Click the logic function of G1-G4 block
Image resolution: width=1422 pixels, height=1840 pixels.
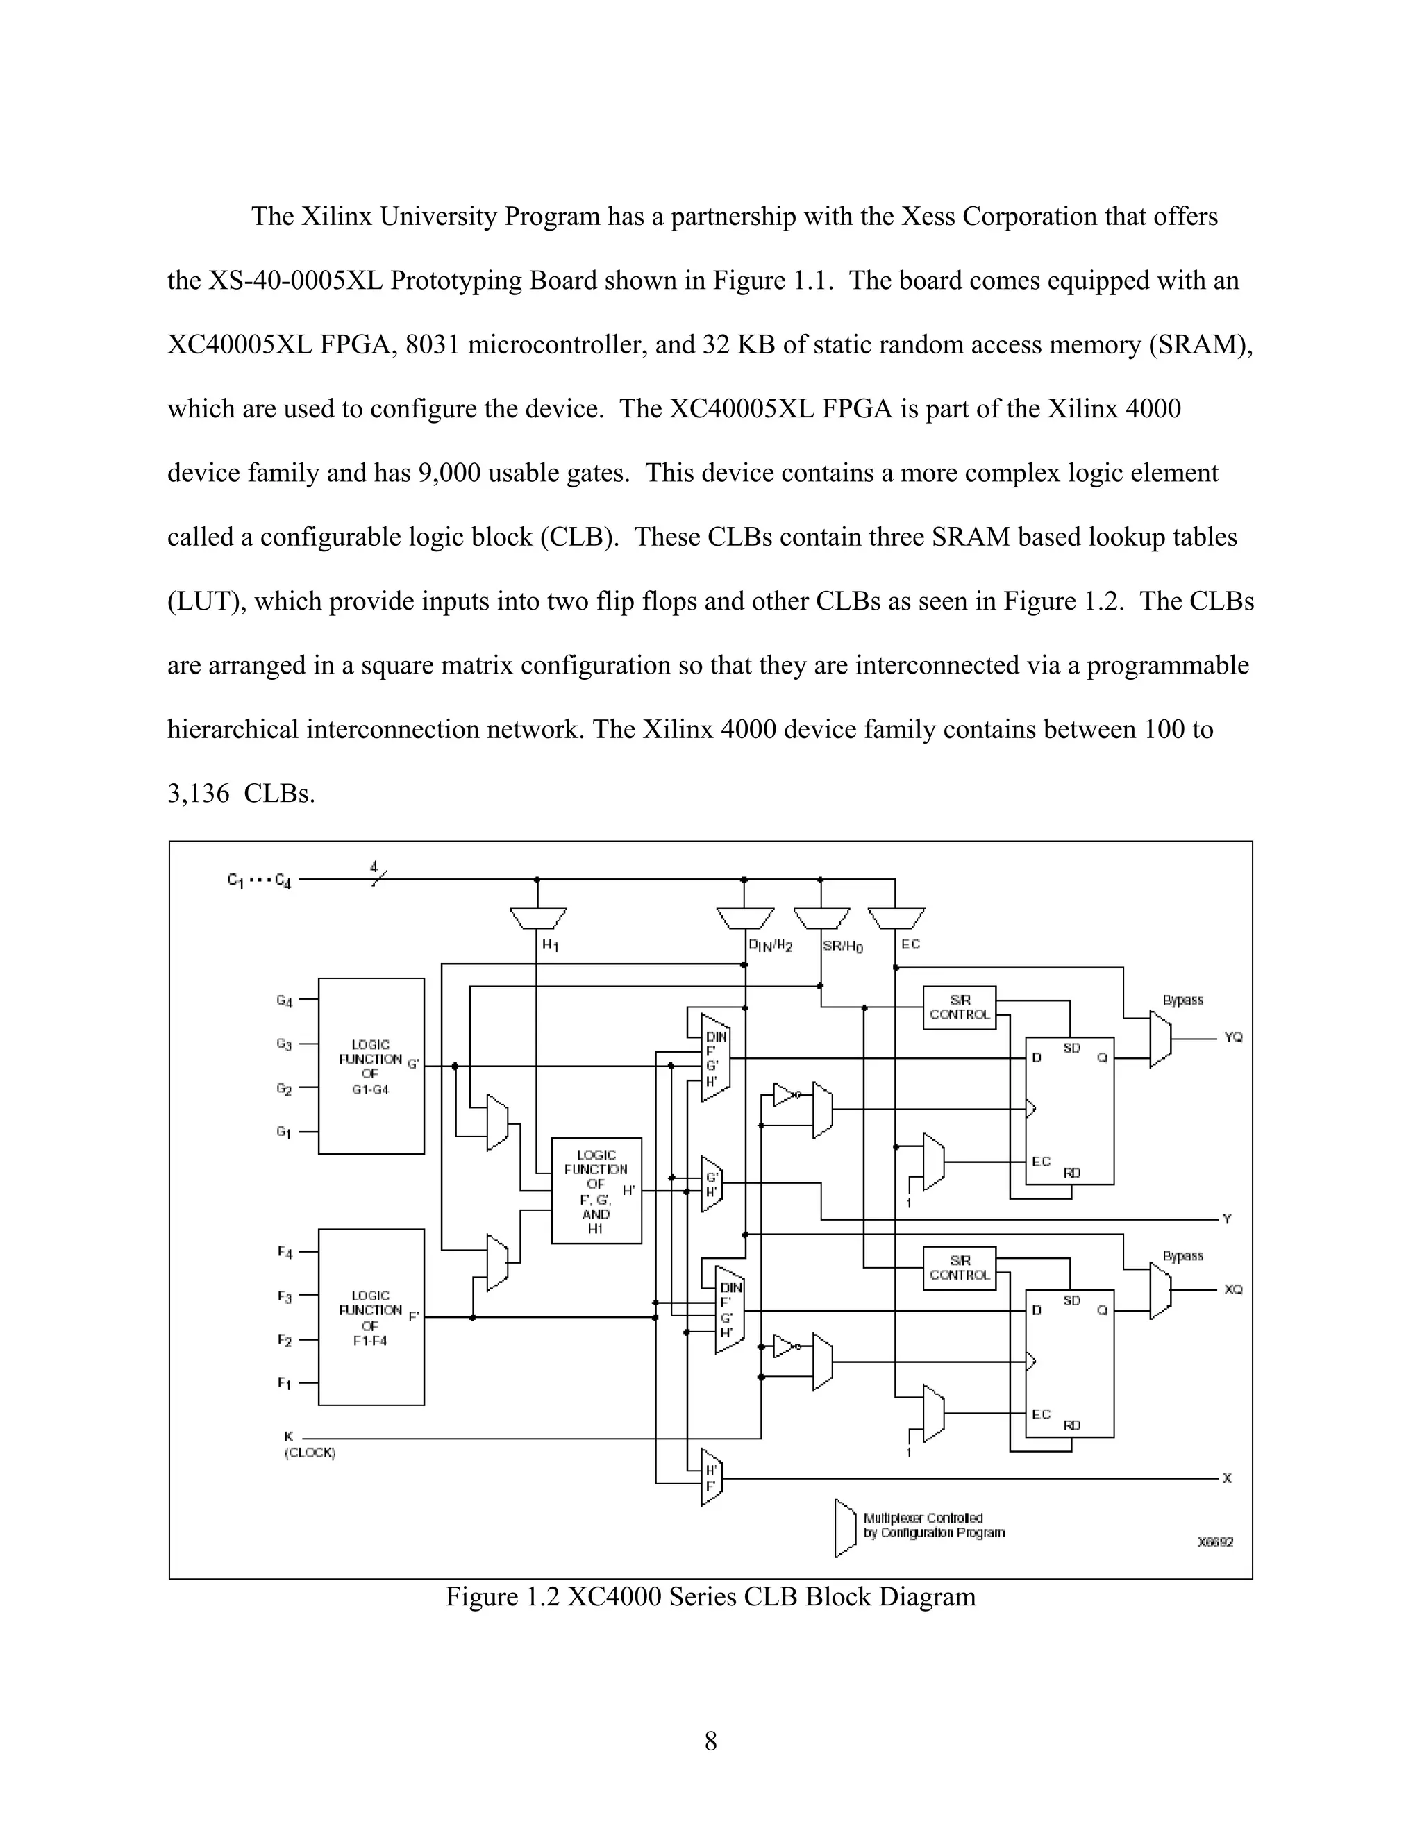pyautogui.click(x=371, y=1066)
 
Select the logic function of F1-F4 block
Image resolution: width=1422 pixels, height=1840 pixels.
pyautogui.click(x=371, y=1316)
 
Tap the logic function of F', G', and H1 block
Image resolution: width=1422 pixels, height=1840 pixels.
pyautogui.click(x=596, y=1190)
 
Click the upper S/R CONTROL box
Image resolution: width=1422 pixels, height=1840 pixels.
pyautogui.click(x=960, y=1007)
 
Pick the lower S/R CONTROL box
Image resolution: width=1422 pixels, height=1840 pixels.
pyautogui.click(x=960, y=1268)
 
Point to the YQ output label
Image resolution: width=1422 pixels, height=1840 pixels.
pyautogui.click(x=1233, y=1037)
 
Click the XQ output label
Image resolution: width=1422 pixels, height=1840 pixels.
pyautogui.click(x=1233, y=1290)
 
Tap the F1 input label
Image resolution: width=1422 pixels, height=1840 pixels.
pyautogui.click(x=285, y=1383)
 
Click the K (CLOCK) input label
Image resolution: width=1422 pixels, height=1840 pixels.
pyautogui.click(x=308, y=1445)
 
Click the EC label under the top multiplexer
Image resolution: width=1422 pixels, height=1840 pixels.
pyautogui.click(x=911, y=944)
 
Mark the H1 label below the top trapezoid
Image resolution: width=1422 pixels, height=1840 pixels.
pyautogui.click(x=550, y=945)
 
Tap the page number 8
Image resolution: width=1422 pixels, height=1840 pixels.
pyautogui.click(x=711, y=1741)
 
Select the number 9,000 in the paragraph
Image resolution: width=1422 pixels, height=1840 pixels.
pyautogui.click(x=450, y=474)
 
